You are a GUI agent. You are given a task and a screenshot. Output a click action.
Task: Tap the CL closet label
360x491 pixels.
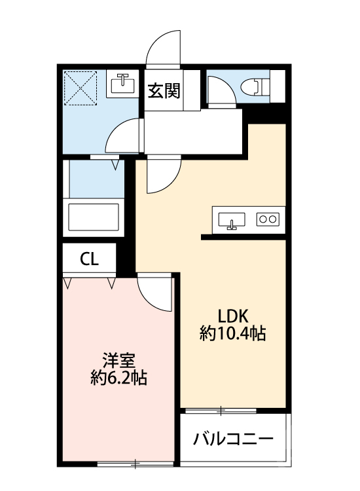point(90,259)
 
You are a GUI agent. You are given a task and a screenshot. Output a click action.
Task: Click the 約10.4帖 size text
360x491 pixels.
point(232,334)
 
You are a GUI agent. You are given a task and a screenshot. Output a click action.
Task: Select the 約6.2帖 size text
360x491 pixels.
point(118,378)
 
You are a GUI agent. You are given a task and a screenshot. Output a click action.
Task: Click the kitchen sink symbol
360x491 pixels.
point(231,220)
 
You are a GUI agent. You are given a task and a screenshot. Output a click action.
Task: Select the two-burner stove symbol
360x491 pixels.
point(268,220)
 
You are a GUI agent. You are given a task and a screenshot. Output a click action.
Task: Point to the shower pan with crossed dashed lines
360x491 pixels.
point(81,88)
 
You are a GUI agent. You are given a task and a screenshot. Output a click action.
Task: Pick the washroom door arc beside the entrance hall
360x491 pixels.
point(125,136)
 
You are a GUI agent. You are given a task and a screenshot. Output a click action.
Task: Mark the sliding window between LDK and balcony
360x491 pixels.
point(221,411)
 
